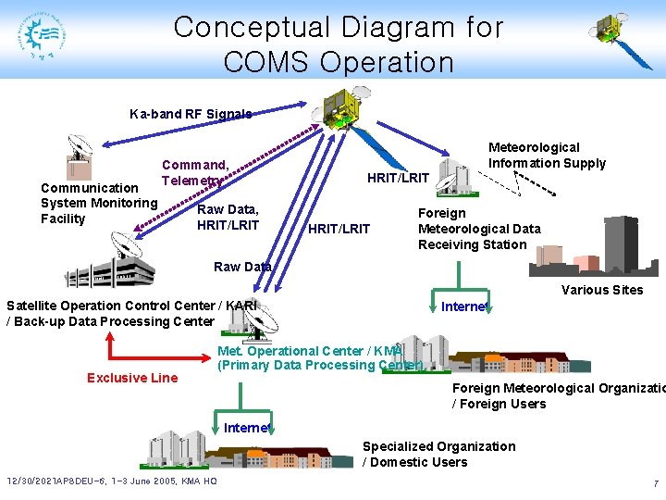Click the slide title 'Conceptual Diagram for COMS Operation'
tap(339, 44)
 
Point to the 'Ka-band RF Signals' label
tap(190, 114)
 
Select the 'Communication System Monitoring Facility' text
tap(99, 203)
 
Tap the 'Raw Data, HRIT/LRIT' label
tap(228, 218)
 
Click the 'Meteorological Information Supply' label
tap(547, 155)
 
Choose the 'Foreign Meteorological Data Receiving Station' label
tap(479, 229)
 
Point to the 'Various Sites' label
tap(602, 290)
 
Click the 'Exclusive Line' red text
tap(132, 378)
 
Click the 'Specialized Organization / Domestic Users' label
tap(438, 454)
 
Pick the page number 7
tap(655, 483)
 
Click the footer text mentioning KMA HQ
tap(112, 482)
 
